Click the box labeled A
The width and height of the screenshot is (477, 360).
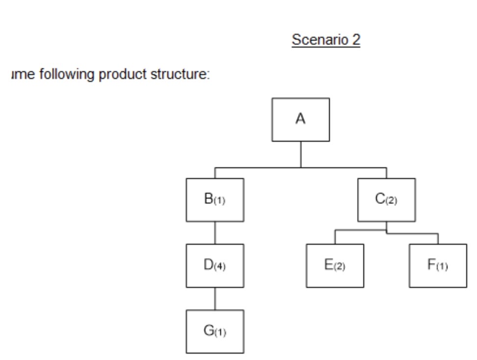tap(301, 119)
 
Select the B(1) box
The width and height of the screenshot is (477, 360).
tap(215, 200)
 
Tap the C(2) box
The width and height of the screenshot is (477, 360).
tap(386, 200)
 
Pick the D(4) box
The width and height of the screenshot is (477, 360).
tap(215, 265)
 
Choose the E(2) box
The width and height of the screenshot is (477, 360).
tap(335, 265)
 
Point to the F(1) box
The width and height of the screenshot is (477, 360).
tap(438, 265)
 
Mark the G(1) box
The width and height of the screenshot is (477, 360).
tap(215, 331)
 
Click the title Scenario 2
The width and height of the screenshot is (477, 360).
tap(326, 40)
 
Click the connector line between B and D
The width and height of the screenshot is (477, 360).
tap(215, 232)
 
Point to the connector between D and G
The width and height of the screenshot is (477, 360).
tap(215, 298)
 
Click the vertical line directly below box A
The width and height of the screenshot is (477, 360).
tap(301, 154)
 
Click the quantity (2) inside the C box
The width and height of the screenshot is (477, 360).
tap(392, 201)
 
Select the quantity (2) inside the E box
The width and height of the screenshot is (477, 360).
tap(340, 267)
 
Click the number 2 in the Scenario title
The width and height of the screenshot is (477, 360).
tap(356, 40)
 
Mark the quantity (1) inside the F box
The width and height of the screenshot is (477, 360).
tap(442, 267)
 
